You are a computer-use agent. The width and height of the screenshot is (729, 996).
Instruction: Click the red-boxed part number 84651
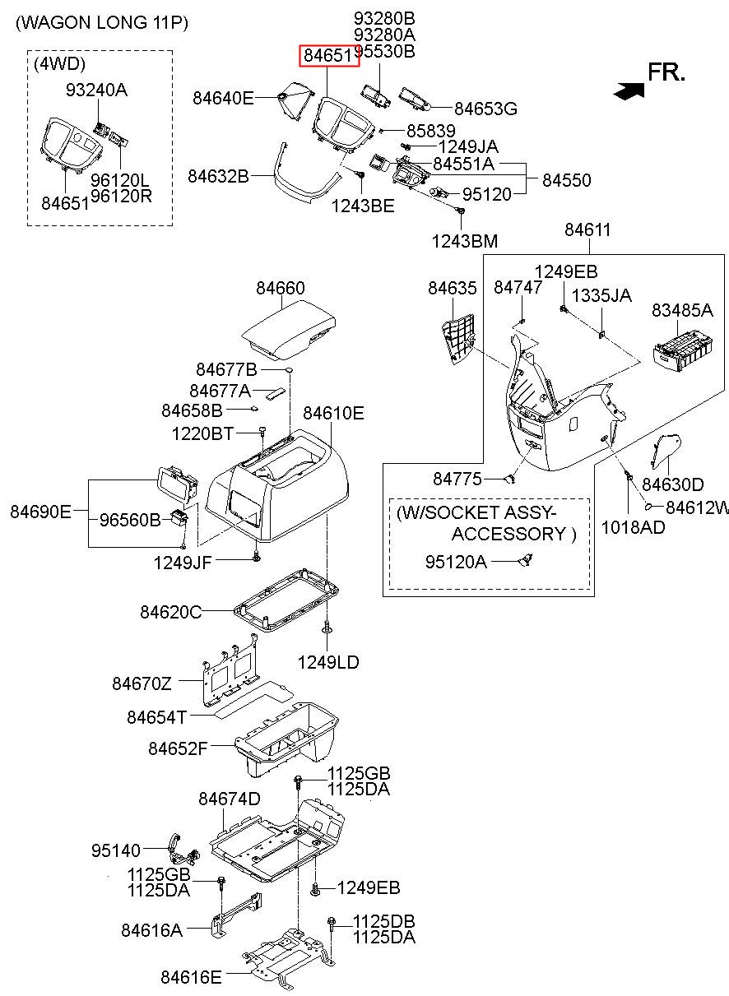click(328, 56)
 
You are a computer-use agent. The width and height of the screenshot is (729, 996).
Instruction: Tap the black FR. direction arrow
click(629, 90)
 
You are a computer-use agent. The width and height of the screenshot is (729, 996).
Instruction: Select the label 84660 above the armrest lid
click(281, 288)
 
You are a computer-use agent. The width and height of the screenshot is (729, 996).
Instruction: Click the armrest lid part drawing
click(288, 330)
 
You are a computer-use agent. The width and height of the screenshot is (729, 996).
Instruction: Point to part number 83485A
click(682, 310)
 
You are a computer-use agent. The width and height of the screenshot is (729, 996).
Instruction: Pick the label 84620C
click(171, 612)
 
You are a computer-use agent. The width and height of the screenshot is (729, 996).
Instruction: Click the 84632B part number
click(218, 176)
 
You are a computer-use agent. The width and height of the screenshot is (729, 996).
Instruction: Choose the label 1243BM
click(464, 242)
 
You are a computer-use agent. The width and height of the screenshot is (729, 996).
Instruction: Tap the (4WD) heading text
click(59, 64)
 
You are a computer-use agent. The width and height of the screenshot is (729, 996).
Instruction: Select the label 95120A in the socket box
click(456, 562)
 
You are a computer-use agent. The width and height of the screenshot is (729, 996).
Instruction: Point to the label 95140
click(116, 850)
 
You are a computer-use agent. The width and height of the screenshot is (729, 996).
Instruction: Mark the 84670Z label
click(142, 683)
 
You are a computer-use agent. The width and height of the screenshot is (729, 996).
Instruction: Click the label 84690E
click(40, 512)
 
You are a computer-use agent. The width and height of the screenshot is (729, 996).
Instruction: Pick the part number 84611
click(587, 230)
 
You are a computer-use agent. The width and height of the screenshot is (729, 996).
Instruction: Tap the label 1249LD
click(328, 663)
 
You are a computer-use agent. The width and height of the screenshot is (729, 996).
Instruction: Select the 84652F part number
click(178, 748)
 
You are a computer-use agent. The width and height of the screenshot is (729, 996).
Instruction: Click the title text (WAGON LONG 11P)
click(102, 23)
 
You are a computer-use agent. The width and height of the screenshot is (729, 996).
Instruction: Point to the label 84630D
click(673, 484)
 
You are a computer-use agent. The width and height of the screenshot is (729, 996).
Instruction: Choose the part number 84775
click(457, 479)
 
